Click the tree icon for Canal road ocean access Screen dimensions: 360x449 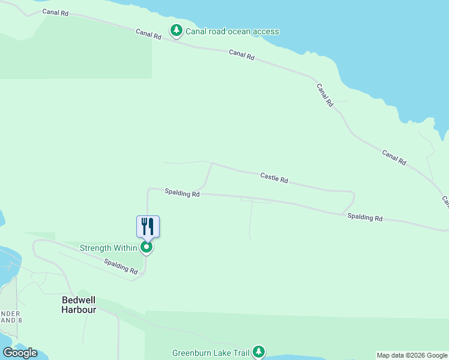(176, 30)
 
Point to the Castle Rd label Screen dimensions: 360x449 (274, 178)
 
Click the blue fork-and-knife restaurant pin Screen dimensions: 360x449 (148, 227)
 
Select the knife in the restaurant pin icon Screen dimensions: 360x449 (151, 226)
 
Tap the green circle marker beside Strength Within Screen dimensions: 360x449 (146, 247)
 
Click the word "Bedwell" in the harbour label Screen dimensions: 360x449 (79, 300)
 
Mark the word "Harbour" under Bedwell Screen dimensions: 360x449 (79, 310)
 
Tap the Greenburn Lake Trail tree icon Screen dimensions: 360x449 (259, 351)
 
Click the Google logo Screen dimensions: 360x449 (20, 352)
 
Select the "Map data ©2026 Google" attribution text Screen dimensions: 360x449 (412, 355)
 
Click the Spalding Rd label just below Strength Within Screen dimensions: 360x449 (121, 266)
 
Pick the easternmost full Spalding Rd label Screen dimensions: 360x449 (365, 217)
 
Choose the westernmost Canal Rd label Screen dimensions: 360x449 (55, 13)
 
